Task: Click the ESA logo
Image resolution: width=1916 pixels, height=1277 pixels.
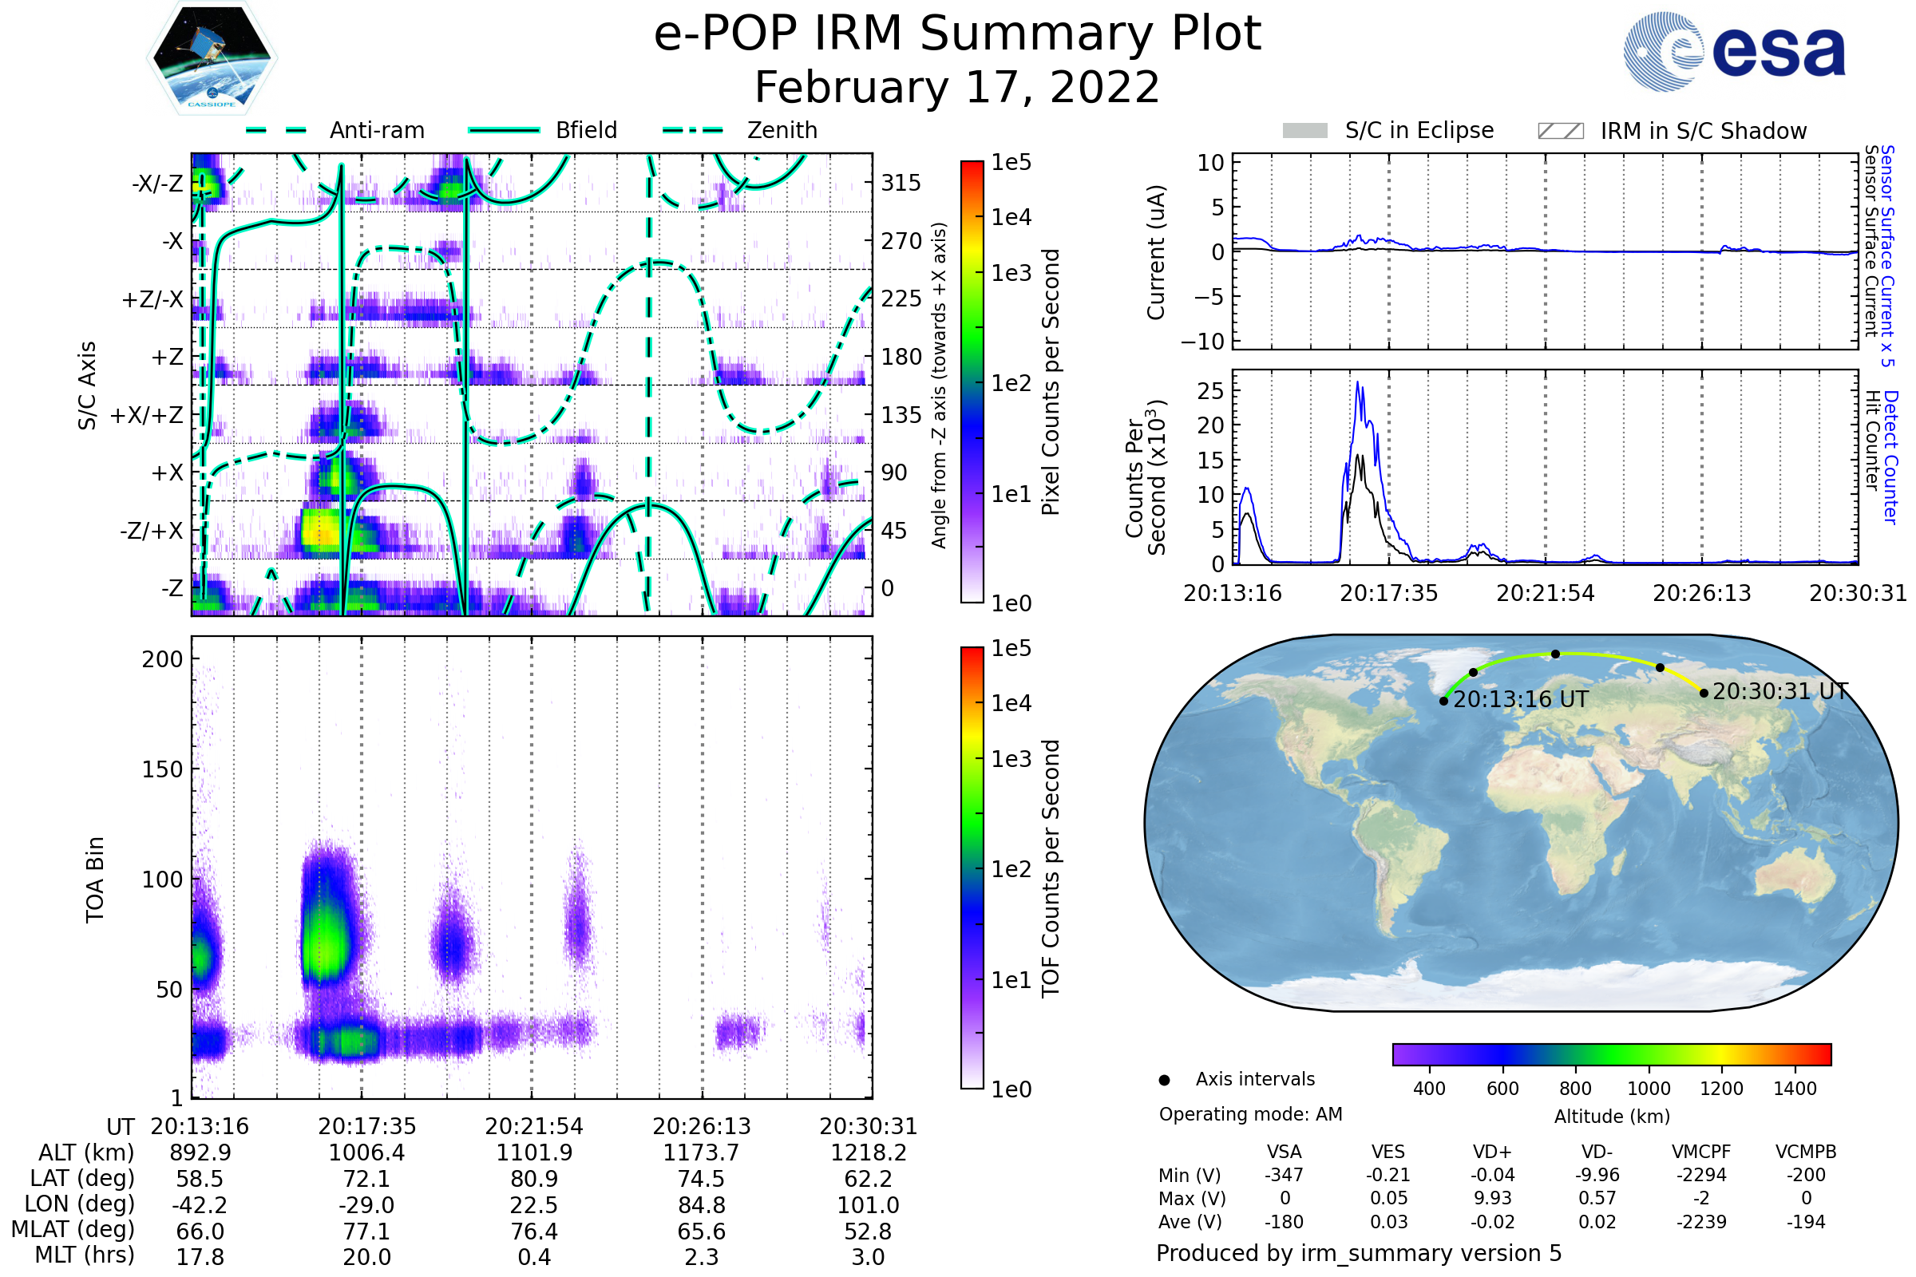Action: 1734,51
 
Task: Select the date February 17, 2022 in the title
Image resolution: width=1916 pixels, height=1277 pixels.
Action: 957,88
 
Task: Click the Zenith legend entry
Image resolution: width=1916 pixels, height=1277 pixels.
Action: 782,130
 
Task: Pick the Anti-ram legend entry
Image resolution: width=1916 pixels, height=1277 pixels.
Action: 376,130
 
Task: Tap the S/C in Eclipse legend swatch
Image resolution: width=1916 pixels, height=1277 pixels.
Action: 1304,131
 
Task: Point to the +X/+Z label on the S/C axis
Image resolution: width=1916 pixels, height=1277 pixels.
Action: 146,415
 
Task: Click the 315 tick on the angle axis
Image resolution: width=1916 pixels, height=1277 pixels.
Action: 901,183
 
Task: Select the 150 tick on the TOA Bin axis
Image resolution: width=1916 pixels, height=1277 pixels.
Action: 162,769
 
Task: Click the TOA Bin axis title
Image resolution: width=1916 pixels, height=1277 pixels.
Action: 95,880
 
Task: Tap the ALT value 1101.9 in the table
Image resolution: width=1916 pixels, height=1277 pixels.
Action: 534,1153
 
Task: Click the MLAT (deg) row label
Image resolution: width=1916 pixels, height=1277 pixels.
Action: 73,1230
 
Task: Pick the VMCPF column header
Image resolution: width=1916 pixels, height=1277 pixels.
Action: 1701,1152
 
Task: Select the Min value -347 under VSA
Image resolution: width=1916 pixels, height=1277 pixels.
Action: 1284,1175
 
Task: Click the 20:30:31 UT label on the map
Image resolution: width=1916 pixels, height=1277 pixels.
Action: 1779,692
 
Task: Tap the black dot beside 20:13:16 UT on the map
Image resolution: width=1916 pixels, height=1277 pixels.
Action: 1443,702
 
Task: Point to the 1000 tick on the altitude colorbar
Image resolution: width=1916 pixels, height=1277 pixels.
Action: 1649,1089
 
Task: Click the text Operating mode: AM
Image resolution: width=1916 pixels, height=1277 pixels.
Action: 1250,1114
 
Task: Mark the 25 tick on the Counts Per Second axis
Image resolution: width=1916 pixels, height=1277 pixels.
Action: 1210,391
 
